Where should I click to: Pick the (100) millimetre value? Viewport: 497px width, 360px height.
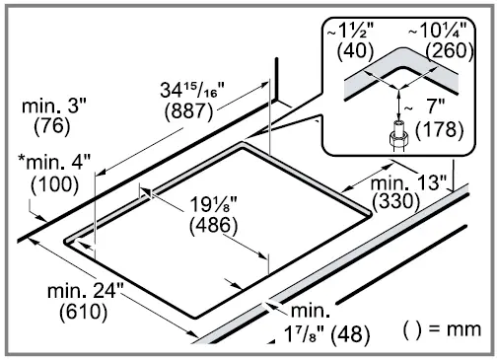[52, 182]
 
